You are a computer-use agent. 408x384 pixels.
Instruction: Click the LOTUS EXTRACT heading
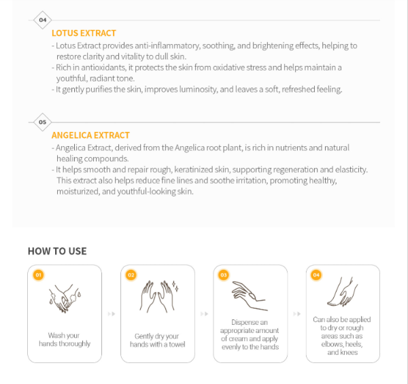(x=84, y=33)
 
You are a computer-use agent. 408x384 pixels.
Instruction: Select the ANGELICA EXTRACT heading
(x=90, y=135)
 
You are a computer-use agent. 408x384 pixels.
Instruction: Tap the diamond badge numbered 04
(x=43, y=20)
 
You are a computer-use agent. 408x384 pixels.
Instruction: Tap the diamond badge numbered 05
(x=43, y=122)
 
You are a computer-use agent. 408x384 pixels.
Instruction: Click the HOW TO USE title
(x=57, y=251)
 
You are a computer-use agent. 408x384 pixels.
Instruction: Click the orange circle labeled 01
(x=39, y=275)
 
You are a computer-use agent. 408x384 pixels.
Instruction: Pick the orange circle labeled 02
(x=131, y=275)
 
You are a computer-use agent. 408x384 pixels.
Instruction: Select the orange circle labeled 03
(x=224, y=275)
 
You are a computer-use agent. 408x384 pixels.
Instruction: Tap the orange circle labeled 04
(x=316, y=275)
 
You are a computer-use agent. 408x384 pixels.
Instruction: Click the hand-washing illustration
(x=65, y=298)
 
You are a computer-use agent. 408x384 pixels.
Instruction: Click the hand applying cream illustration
(x=250, y=296)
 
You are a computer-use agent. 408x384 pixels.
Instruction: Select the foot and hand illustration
(x=343, y=292)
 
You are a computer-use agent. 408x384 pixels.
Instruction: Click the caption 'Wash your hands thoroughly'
(x=65, y=340)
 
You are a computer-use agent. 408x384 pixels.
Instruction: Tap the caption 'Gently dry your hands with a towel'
(x=158, y=341)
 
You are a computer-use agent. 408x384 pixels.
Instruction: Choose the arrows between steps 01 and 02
(x=112, y=314)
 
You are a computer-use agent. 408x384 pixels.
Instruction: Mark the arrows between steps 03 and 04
(x=297, y=314)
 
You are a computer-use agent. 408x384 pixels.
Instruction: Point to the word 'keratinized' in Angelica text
(x=194, y=169)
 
